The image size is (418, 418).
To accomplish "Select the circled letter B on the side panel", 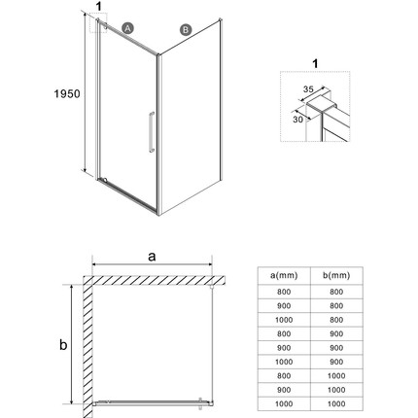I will (x=185, y=30).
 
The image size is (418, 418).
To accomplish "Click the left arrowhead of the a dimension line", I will (x=94, y=264).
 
